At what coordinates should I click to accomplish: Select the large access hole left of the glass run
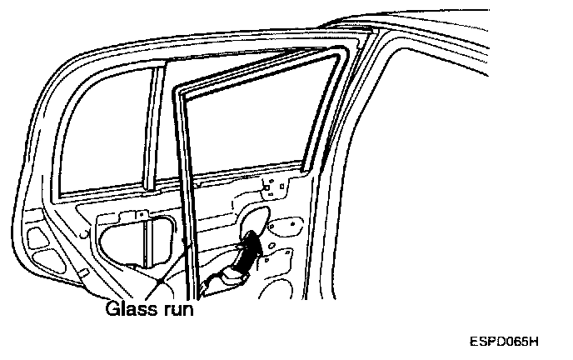click(x=137, y=242)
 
